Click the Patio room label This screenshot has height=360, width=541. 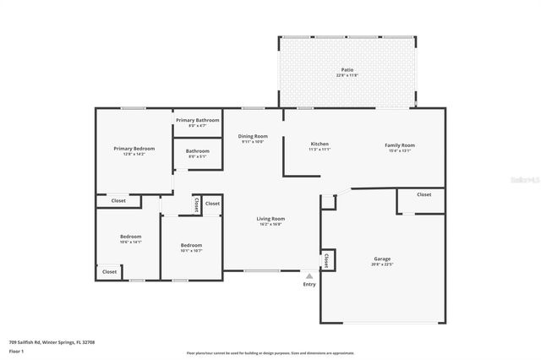[x=347, y=70]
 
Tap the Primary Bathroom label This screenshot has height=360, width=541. [x=197, y=121]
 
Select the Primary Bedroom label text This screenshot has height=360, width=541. [x=134, y=149]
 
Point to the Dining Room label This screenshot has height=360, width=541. [x=252, y=136]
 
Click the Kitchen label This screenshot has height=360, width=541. [x=320, y=144]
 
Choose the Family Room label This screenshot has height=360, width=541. [x=400, y=145]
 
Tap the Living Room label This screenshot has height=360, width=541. [x=270, y=219]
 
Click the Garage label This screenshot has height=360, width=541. [x=383, y=259]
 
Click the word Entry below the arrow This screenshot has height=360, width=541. [x=309, y=284]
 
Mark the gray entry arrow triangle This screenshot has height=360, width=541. [x=309, y=275]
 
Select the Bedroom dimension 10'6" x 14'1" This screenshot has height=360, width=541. [x=130, y=242]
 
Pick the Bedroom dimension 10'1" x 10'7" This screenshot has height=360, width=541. [x=190, y=251]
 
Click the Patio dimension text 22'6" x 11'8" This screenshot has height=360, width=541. [x=347, y=76]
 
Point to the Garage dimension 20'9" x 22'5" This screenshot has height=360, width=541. [x=383, y=265]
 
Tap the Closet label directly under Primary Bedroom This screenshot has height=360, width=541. [x=118, y=201]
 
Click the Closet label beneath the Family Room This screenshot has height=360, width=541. [x=424, y=194]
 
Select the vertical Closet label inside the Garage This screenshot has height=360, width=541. [x=326, y=259]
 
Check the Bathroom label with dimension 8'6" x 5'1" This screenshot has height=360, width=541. [x=198, y=151]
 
